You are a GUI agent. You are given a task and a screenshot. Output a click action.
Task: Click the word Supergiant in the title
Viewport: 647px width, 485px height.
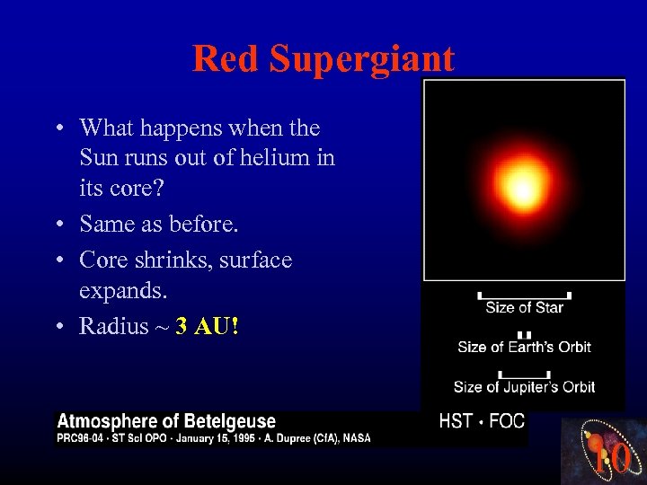pos(362,60)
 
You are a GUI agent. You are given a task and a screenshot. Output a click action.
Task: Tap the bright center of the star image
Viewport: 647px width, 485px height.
pos(522,190)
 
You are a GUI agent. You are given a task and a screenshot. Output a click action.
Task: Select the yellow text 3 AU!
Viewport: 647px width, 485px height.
pos(208,326)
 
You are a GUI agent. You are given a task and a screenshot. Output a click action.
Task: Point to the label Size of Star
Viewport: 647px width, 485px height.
pos(524,308)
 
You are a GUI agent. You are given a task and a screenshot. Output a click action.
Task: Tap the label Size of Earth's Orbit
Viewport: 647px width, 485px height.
pos(524,347)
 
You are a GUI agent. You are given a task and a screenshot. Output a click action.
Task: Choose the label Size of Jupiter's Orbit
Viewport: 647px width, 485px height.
pos(524,387)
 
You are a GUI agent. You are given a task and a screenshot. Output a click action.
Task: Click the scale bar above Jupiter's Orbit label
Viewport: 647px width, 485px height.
pos(524,374)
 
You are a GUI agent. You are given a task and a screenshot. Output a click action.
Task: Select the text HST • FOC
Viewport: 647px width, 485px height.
pos(482,421)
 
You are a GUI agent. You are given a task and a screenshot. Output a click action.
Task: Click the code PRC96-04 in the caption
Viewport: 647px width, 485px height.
pos(80,437)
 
